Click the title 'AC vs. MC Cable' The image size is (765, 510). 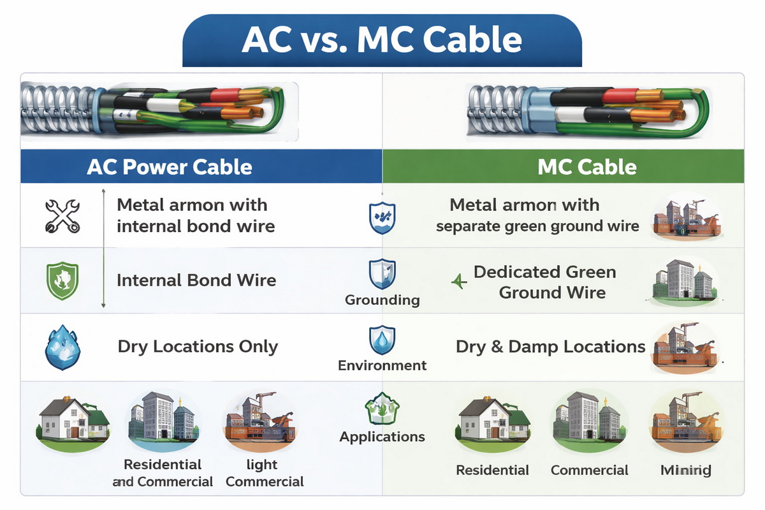382,40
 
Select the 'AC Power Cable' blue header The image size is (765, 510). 170,167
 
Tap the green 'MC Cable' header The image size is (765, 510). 587,167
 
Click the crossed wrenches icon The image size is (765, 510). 62,215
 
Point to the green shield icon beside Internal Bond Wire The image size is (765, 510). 62,281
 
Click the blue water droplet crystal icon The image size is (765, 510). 62,347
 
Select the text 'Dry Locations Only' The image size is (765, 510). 198,347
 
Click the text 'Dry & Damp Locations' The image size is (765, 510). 551,347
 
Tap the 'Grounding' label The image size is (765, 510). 382,300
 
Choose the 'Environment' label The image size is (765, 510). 382,365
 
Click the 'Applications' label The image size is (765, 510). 382,437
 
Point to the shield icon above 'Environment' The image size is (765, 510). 382,340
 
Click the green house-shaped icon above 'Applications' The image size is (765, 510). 382,409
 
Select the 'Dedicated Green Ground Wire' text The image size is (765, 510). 545,282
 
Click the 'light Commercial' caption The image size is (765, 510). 265,473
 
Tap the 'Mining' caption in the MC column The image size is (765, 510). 685,470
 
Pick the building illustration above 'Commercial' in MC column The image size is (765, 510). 589,421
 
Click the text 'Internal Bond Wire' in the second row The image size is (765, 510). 196,280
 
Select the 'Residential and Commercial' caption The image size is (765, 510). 163,473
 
